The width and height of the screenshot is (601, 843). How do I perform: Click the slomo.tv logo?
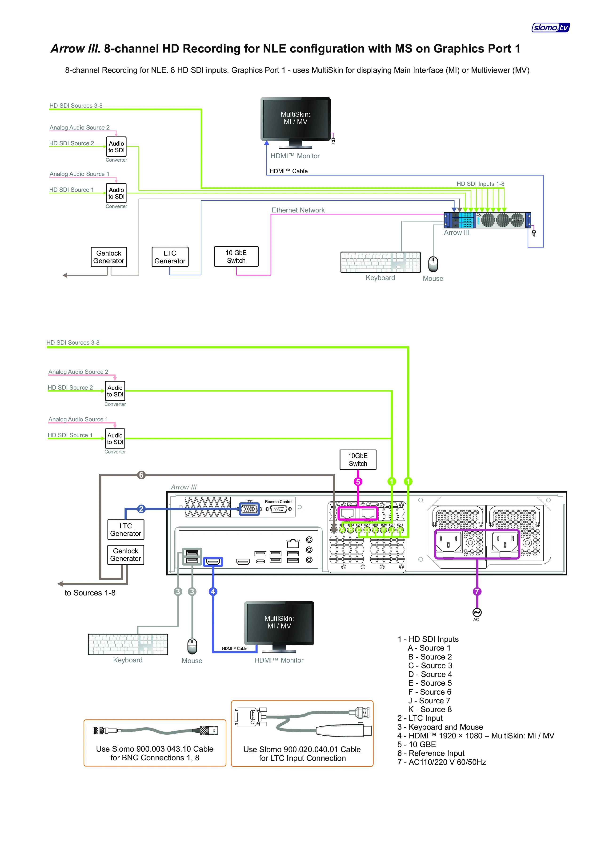(x=551, y=27)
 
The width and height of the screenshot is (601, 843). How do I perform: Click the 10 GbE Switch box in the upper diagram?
(x=236, y=257)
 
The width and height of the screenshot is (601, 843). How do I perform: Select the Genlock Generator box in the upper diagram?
(x=109, y=257)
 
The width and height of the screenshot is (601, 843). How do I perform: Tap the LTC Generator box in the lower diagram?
(x=126, y=530)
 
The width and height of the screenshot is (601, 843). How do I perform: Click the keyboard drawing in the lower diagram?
(x=128, y=644)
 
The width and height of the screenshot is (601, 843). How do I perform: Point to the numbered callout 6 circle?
(x=141, y=475)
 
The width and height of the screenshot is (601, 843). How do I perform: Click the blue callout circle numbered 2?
(x=141, y=509)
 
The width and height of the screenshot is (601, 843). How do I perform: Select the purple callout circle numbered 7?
(x=477, y=591)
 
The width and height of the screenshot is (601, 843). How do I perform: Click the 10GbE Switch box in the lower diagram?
(x=358, y=460)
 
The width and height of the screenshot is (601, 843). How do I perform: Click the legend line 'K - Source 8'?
(x=430, y=709)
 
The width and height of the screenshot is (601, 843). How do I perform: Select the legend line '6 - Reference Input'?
(x=431, y=753)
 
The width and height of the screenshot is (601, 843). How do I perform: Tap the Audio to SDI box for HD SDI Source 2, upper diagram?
(x=116, y=147)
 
